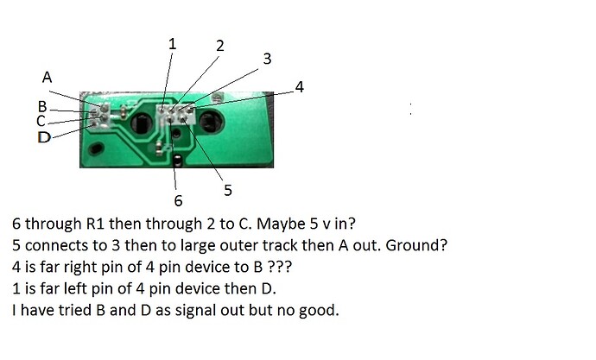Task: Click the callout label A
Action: pos(47,77)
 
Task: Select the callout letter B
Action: pos(42,107)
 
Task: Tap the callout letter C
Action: pos(41,121)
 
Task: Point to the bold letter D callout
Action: pos(44,137)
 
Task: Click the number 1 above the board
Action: pos(172,44)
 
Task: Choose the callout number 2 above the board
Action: pos(220,46)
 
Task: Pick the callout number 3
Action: pos(267,59)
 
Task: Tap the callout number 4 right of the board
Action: pos(300,87)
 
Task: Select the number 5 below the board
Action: pos(228,190)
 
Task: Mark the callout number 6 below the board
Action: pos(178,200)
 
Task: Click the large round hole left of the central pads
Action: pos(142,123)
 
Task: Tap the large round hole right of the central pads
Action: pos(212,121)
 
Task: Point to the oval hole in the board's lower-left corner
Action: pos(96,148)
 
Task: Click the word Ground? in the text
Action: pos(416,246)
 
